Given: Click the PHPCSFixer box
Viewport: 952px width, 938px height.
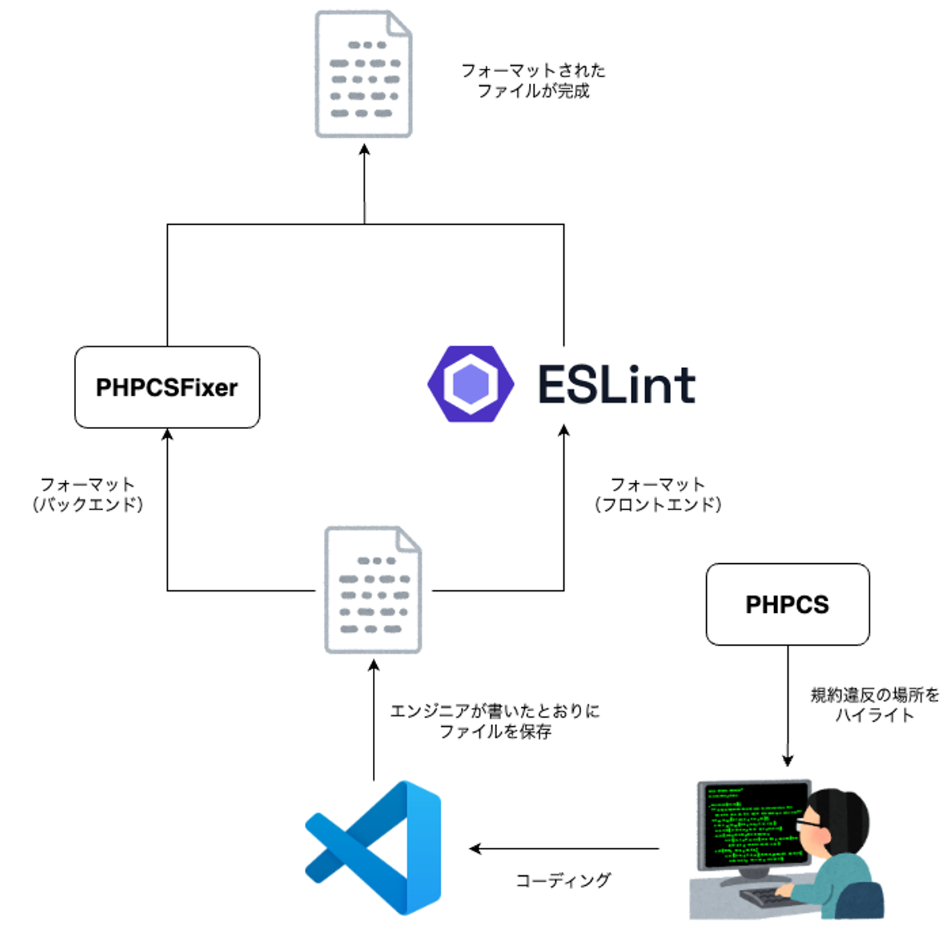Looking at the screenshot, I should [x=167, y=387].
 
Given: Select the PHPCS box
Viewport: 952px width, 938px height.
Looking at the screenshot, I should [x=787, y=604].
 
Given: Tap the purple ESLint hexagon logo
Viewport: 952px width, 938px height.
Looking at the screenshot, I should [x=471, y=383].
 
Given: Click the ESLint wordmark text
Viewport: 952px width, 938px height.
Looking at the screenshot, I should [x=616, y=385].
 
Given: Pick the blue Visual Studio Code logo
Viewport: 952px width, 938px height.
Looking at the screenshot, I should [x=374, y=848].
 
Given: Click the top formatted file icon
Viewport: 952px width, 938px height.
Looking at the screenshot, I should [x=364, y=74].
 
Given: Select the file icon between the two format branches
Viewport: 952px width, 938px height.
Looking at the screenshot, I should [x=373, y=590].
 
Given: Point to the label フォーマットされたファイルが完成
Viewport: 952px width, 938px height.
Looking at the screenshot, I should [x=533, y=81].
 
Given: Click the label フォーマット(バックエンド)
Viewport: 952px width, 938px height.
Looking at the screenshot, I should [x=88, y=494].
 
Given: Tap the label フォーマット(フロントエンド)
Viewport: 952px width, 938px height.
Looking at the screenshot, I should [x=658, y=494].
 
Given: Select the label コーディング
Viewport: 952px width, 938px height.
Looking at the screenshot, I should [x=563, y=880].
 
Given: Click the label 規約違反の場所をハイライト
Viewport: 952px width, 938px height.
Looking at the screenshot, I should [x=875, y=705].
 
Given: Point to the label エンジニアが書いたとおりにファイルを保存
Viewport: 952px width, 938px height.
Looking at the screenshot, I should [x=495, y=721].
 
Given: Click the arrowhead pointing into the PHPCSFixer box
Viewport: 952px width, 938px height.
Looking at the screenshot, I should [x=167, y=434].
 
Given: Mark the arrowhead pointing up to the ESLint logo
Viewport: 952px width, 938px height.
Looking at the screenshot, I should [x=564, y=431].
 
